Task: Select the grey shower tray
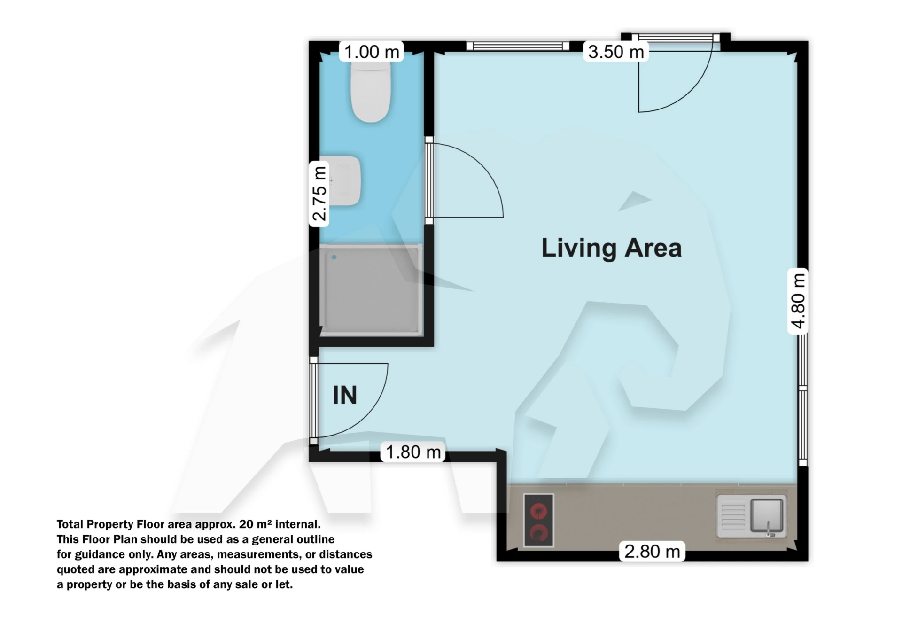click(371, 290)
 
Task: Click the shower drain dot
click(334, 257)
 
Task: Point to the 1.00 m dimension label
click(372, 52)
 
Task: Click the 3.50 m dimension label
click(616, 52)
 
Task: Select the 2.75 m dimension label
click(319, 194)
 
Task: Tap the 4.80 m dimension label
click(798, 301)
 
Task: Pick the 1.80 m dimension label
click(413, 452)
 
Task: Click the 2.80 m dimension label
click(652, 551)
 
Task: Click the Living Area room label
click(611, 248)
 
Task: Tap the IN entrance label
click(345, 395)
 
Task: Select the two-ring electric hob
click(538, 521)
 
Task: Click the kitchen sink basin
click(766, 515)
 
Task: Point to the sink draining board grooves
click(732, 516)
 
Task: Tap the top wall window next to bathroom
click(518, 46)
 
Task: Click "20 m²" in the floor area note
click(255, 524)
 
